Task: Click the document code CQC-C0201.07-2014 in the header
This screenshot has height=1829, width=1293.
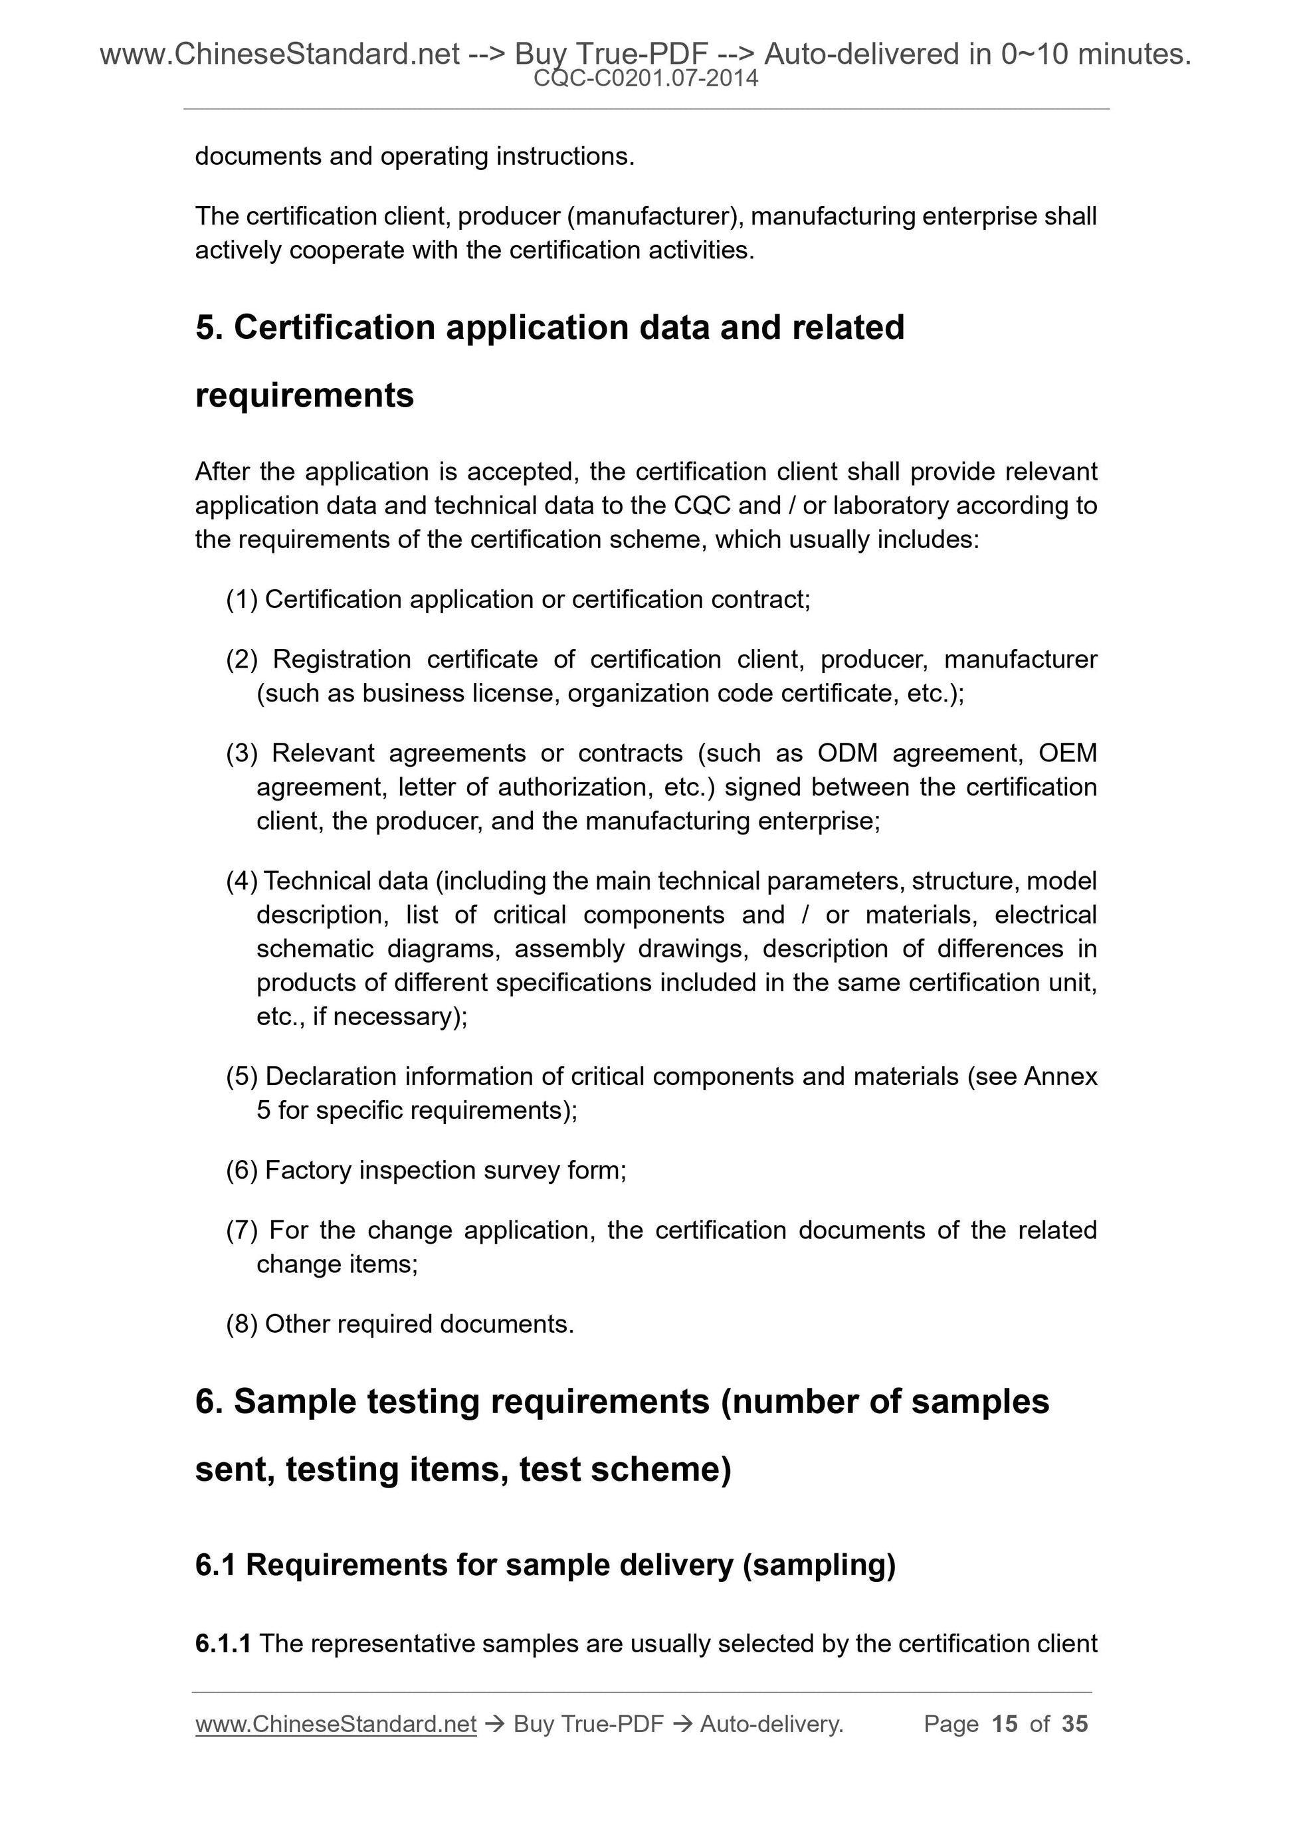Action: coord(645,78)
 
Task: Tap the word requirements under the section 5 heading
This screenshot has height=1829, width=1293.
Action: coord(304,395)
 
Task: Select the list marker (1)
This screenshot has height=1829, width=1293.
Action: coord(241,599)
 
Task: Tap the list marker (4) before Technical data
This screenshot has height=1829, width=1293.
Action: coord(241,881)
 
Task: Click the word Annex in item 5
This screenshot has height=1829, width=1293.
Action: coord(1060,1076)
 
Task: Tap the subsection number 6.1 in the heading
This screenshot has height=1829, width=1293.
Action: coord(215,1565)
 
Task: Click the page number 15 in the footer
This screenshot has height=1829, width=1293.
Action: coord(1005,1724)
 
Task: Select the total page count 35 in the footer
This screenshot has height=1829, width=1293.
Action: coord(1074,1724)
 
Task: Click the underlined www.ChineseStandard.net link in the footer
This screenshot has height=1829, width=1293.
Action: coord(336,1725)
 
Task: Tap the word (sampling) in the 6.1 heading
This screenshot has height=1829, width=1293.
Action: coord(819,1565)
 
